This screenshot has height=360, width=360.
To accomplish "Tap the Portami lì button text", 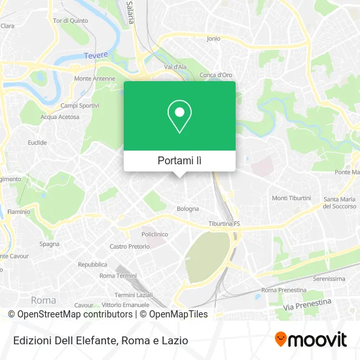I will tap(179, 160).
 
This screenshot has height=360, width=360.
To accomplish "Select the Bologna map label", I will tap(188, 209).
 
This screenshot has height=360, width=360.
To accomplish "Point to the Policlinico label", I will tap(155, 234).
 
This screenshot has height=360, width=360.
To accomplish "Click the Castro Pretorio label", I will tap(130, 247).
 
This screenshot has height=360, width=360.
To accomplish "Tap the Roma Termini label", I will tap(116, 276).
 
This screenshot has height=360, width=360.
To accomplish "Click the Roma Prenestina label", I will tap(283, 289).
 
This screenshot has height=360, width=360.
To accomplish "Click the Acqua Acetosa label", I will tap(60, 117).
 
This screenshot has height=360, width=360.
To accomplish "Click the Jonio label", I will tap(213, 39).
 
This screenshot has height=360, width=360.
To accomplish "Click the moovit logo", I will tap(311, 339).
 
